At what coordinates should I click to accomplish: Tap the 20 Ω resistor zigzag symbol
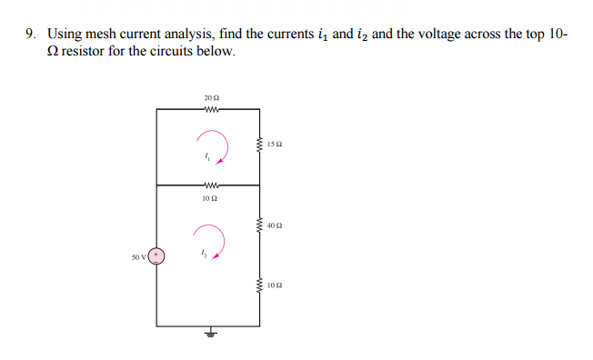coord(208,107)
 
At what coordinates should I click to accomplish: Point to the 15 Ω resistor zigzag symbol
coord(260,144)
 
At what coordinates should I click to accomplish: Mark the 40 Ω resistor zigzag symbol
coord(260,225)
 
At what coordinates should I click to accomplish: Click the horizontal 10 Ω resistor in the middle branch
coord(208,185)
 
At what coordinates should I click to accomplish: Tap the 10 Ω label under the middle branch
coord(208,196)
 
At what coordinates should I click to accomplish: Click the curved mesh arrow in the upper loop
coord(211,145)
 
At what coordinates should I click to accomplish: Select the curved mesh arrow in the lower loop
coord(211,243)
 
